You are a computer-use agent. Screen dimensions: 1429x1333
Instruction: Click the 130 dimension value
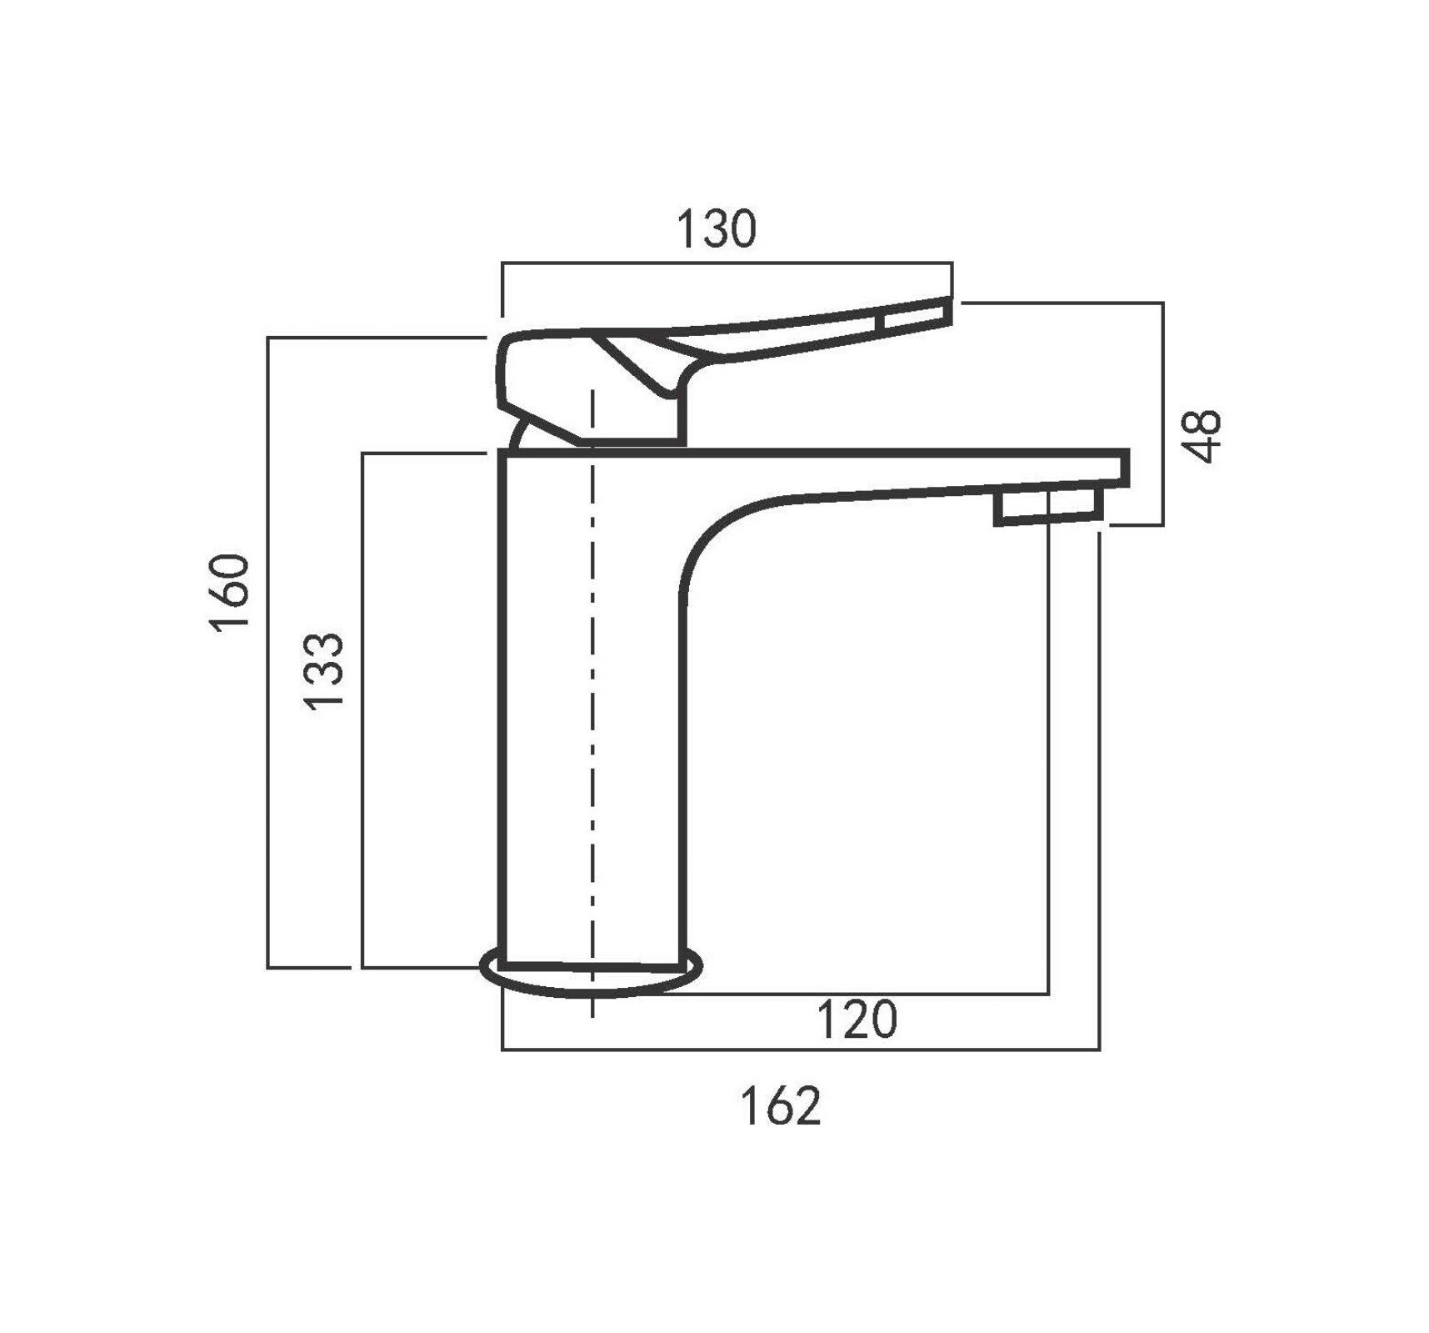click(716, 229)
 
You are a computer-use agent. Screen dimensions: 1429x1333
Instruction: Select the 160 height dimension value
click(230, 593)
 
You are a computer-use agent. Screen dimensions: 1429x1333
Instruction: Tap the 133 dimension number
click(323, 672)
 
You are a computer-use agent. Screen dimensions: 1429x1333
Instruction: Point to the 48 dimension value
click(1202, 435)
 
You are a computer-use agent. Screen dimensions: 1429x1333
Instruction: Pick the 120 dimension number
click(857, 1019)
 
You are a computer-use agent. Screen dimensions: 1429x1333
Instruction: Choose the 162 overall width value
click(782, 1105)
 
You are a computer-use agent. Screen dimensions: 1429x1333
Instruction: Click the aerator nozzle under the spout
click(1049, 508)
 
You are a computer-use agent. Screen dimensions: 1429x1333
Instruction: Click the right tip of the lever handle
click(950, 311)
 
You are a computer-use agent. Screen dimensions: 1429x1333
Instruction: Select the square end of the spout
click(1125, 469)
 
